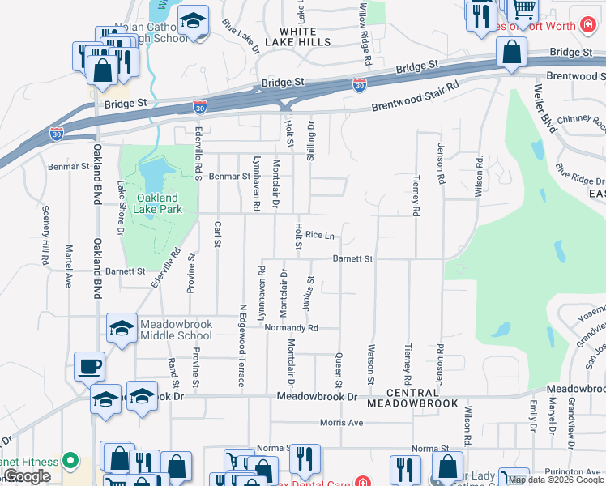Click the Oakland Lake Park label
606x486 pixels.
click(x=157, y=202)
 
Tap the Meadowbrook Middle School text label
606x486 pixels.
click(x=176, y=330)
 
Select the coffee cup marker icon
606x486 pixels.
click(x=89, y=366)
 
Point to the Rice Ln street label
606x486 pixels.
click(x=320, y=236)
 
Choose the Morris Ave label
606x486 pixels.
click(x=341, y=422)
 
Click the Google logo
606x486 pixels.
click(x=27, y=476)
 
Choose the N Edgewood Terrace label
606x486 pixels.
click(x=241, y=345)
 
